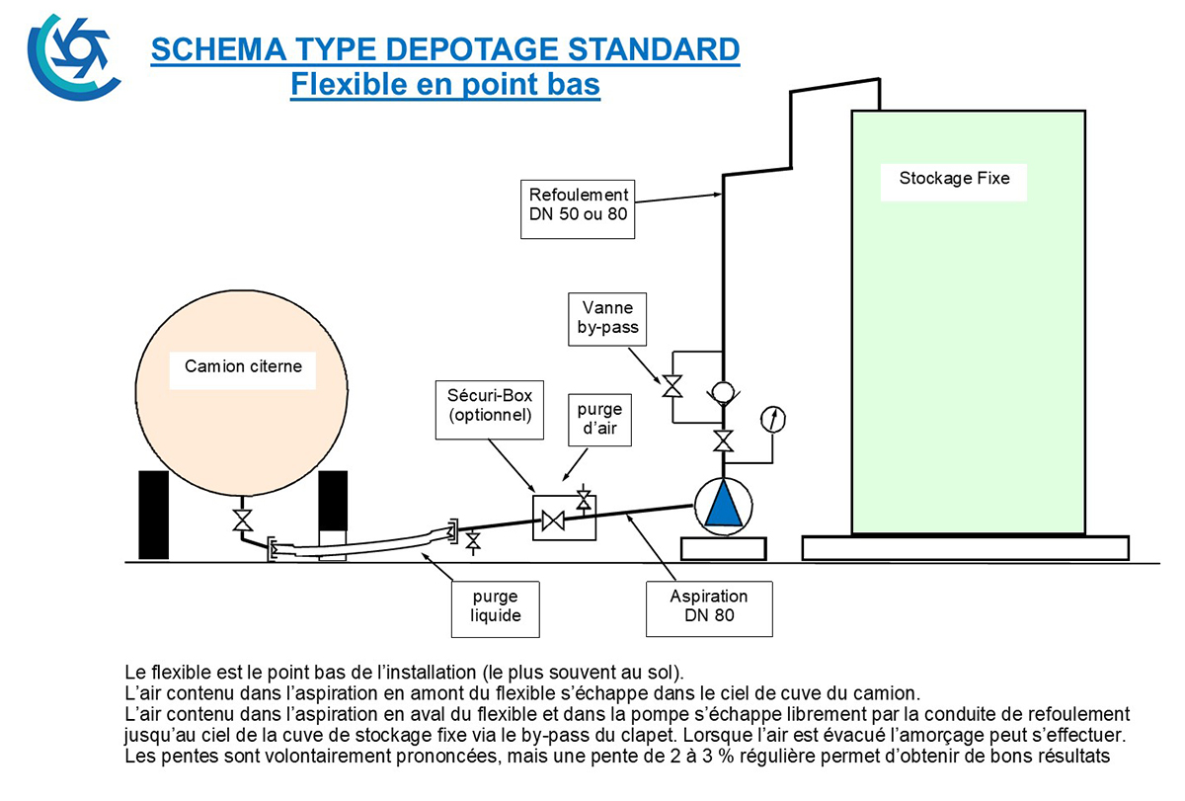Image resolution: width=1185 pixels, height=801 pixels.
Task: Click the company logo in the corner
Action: [73, 57]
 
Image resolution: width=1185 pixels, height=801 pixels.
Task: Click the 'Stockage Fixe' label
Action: [954, 179]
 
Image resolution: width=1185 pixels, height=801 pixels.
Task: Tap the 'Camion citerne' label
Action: [243, 366]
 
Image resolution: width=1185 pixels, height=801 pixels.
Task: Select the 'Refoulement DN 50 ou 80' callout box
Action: [578, 209]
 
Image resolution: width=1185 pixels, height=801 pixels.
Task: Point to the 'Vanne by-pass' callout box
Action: [607, 320]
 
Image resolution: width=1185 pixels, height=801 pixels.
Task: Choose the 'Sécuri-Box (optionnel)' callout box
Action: [490, 410]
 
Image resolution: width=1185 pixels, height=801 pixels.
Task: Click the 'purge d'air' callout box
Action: [600, 420]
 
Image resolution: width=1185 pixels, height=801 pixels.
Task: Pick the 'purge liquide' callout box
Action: [496, 609]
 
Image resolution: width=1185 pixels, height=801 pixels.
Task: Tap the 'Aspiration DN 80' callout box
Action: [709, 609]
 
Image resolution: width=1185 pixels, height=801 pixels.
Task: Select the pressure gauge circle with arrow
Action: [773, 420]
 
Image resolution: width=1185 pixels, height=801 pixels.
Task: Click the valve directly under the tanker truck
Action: [243, 521]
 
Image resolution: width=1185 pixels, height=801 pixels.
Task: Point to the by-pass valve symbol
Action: [672, 387]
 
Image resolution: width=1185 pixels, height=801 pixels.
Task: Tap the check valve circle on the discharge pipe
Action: [723, 393]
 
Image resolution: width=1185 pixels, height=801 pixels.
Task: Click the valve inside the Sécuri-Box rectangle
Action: [553, 521]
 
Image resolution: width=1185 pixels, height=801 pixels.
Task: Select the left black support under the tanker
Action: [153, 515]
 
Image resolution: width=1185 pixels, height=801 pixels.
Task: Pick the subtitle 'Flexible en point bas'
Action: [445, 85]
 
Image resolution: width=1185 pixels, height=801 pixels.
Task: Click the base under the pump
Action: [723, 548]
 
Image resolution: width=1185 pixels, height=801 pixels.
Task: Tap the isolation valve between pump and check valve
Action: [723, 441]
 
